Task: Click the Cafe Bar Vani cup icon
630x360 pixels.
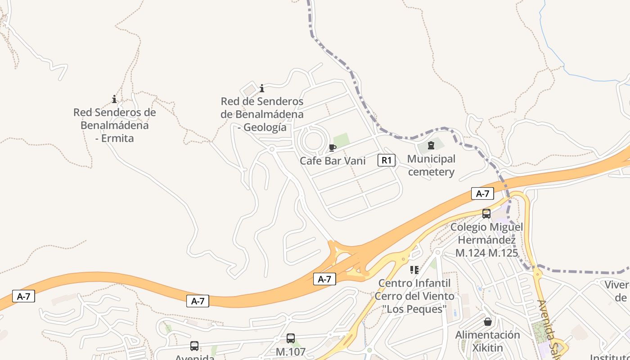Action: click(x=332, y=148)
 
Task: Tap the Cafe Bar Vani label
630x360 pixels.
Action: click(x=333, y=161)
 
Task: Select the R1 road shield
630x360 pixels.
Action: click(x=386, y=160)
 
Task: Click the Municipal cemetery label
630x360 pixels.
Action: click(x=431, y=165)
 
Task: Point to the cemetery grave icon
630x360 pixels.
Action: click(x=431, y=145)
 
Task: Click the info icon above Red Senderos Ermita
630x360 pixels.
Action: click(x=114, y=99)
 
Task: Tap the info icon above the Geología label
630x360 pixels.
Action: click(x=262, y=88)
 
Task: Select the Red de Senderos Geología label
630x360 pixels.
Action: click(x=262, y=114)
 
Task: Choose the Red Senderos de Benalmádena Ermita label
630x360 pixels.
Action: click(x=115, y=125)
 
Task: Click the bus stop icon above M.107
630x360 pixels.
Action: click(x=291, y=338)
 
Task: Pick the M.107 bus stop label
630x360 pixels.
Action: click(x=291, y=351)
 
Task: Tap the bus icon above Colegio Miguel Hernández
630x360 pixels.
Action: click(x=486, y=214)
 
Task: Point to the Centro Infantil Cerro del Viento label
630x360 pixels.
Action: click(x=414, y=296)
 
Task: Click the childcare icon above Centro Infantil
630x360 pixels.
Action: click(x=414, y=270)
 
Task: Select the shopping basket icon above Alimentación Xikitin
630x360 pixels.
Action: click(x=487, y=322)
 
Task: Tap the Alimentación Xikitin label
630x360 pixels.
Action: click(x=487, y=341)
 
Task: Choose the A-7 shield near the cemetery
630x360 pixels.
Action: click(x=482, y=193)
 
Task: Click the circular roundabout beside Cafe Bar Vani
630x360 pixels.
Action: click(x=313, y=141)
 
